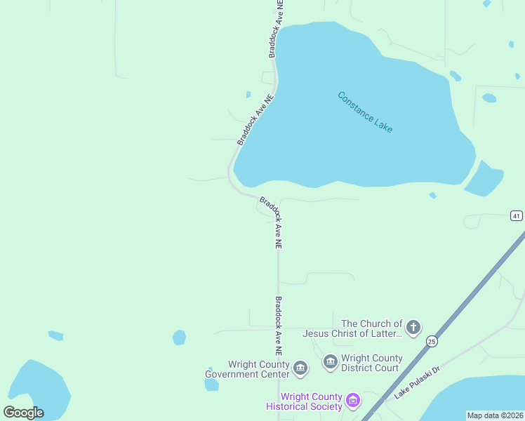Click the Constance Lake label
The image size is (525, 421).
point(365,112)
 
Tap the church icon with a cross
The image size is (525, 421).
point(413,326)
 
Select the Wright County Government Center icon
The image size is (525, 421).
point(300,368)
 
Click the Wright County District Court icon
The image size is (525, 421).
point(331,362)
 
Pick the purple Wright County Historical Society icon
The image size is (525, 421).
point(353,401)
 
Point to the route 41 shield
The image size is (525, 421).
point(517,216)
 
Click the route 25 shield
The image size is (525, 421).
point(432,341)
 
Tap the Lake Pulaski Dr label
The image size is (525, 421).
point(416,382)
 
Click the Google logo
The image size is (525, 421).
point(23,413)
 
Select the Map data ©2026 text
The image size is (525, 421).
point(495,415)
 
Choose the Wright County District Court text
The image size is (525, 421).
point(371,363)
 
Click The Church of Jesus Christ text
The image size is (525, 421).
point(353,328)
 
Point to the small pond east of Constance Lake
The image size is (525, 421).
point(484,180)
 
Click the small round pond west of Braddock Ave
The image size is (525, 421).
point(180,338)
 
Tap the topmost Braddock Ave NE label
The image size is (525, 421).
point(275,28)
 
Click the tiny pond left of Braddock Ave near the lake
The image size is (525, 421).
point(248,94)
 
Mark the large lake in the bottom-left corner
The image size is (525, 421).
point(35,389)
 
